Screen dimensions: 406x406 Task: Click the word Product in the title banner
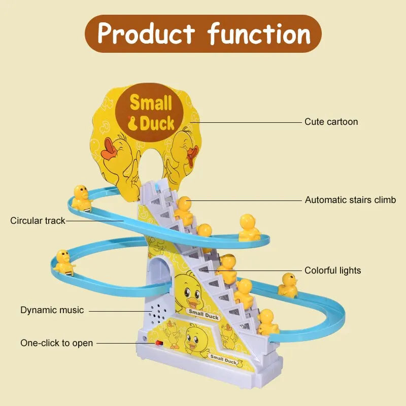(146, 33)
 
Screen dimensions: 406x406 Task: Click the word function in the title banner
(259, 33)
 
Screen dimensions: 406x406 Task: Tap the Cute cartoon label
(331, 122)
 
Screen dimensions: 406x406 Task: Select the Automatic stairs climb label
(350, 200)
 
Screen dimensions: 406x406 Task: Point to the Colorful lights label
(333, 270)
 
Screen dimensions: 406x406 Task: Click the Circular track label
(38, 221)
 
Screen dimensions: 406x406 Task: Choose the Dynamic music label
(52, 310)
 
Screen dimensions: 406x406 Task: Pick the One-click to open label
(56, 343)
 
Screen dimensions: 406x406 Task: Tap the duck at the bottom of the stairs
(267, 323)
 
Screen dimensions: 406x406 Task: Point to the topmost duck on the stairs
(184, 210)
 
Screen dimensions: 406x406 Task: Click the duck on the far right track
(288, 285)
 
